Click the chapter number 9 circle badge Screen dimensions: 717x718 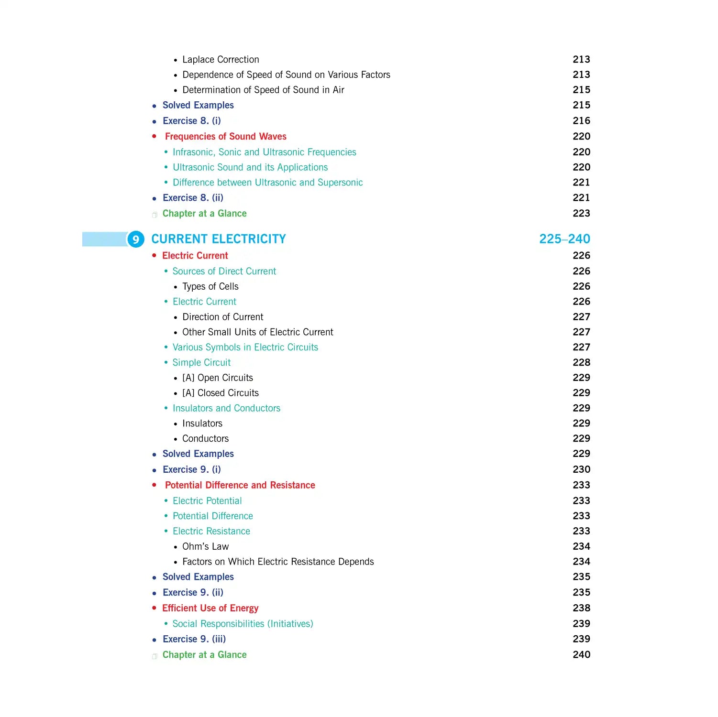(x=136, y=239)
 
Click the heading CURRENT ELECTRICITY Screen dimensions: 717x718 (x=219, y=239)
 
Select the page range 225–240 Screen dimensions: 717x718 (x=564, y=239)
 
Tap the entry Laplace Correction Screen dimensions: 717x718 (x=221, y=60)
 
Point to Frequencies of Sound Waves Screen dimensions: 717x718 (x=225, y=137)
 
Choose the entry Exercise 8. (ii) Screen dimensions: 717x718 (x=193, y=198)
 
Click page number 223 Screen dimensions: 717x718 (x=581, y=214)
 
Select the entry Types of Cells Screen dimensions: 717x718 (x=210, y=286)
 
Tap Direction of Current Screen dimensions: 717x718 (x=222, y=317)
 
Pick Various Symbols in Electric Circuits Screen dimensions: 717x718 (x=245, y=348)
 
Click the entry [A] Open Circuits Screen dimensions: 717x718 (x=217, y=378)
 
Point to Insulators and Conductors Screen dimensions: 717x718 (x=226, y=408)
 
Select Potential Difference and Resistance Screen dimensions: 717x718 (x=240, y=485)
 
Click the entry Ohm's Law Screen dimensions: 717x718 (x=205, y=546)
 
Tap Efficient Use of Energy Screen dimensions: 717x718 (x=210, y=608)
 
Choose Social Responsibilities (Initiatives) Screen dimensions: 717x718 (x=243, y=624)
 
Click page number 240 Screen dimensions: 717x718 (x=581, y=655)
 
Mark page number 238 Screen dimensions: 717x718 (x=581, y=608)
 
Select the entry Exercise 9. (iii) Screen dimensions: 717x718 (x=194, y=639)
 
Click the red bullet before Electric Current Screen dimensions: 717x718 (x=154, y=256)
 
